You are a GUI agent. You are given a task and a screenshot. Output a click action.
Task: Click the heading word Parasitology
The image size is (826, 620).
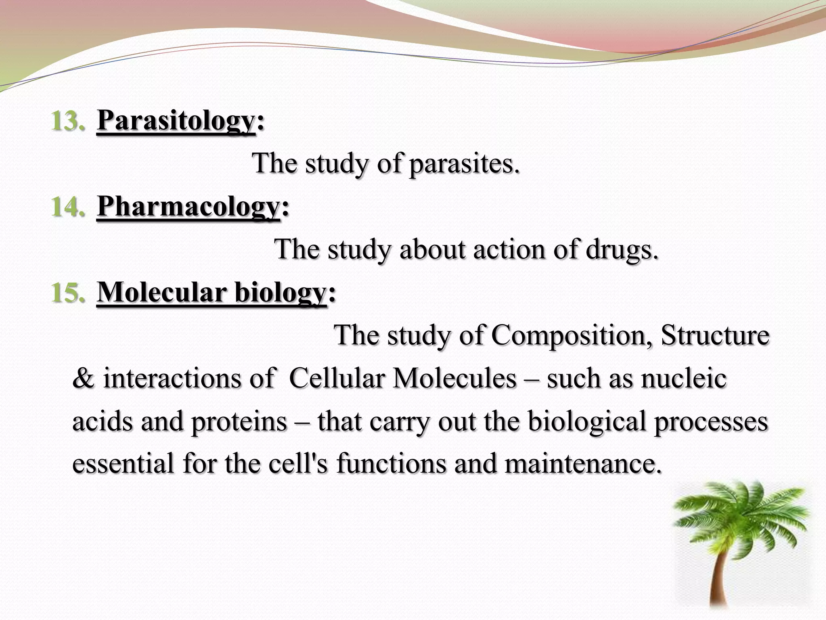click(x=176, y=121)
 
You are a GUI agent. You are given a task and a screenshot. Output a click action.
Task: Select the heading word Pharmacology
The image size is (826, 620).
click(x=188, y=207)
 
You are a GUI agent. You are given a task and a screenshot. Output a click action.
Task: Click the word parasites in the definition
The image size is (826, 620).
click(x=464, y=164)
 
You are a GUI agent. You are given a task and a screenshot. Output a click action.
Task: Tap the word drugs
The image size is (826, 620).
click(x=622, y=249)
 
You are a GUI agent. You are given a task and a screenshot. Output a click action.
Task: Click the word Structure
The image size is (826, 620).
click(x=715, y=335)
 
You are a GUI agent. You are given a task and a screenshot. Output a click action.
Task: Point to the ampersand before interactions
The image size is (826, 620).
click(x=83, y=379)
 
